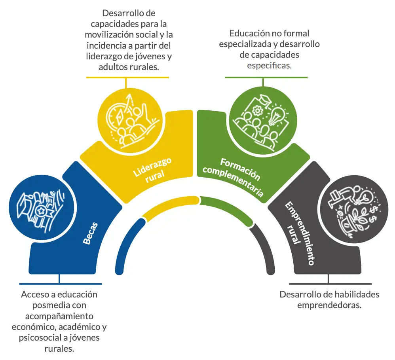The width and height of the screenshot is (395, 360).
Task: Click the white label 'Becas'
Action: point(91,233)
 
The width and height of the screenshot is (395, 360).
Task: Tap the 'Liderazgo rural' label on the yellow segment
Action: point(152,171)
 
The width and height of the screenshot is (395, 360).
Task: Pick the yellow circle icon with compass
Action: point(129,119)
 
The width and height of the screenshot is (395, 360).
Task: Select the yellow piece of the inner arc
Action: point(170,206)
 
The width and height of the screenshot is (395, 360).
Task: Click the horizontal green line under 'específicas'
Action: point(266,78)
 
